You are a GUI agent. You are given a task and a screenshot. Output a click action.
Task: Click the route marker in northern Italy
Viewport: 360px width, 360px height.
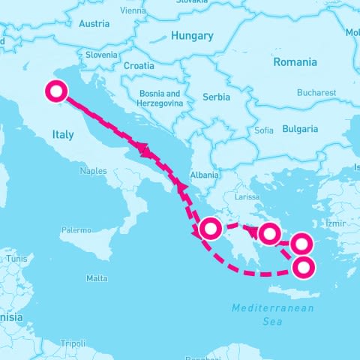pyautogui.click(x=56, y=92)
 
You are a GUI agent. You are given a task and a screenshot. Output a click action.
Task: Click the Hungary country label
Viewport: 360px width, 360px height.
pyautogui.click(x=192, y=35)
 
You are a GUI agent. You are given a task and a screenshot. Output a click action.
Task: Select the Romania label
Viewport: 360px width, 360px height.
pyautogui.click(x=295, y=61)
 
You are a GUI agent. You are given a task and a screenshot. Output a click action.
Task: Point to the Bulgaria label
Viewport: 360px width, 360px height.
pyautogui.click(x=300, y=129)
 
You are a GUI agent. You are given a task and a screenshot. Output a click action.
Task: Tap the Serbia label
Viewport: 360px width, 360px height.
pyautogui.click(x=217, y=97)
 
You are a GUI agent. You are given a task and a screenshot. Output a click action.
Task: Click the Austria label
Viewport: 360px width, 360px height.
pyautogui.click(x=94, y=23)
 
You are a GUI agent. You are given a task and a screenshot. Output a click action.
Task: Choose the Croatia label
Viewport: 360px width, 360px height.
pyautogui.click(x=139, y=65)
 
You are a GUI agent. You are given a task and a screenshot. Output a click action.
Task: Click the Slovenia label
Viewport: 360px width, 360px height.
pyautogui.click(x=101, y=55)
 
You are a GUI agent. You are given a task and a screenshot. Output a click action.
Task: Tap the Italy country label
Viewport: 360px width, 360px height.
pyautogui.click(x=63, y=134)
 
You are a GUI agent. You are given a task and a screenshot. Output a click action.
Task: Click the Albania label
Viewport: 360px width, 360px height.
pyautogui.click(x=205, y=175)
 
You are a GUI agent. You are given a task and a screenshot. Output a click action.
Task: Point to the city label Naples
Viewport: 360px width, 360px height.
pyautogui.click(x=93, y=171)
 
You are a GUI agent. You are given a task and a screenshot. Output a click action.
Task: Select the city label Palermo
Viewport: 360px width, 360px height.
pyautogui.click(x=76, y=229)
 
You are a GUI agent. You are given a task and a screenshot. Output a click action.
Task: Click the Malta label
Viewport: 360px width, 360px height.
pyautogui.click(x=97, y=278)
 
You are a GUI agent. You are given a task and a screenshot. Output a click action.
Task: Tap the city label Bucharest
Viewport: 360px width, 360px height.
pyautogui.click(x=316, y=93)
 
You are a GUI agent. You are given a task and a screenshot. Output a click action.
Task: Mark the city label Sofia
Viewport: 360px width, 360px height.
pyautogui.click(x=264, y=130)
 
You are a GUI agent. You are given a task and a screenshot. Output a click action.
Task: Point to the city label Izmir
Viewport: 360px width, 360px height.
pyautogui.click(x=334, y=223)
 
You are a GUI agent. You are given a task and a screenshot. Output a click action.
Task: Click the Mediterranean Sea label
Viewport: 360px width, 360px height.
pyautogui.click(x=272, y=314)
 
